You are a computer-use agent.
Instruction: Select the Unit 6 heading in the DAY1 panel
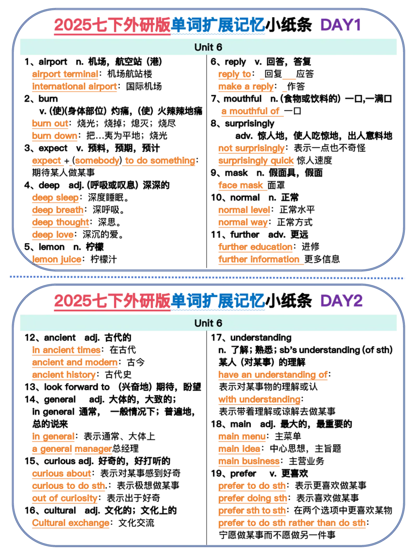(x=208, y=47)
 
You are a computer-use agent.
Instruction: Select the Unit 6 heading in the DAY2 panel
(x=208, y=323)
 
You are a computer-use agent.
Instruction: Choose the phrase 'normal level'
(x=243, y=210)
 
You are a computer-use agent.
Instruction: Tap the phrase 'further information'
(x=259, y=259)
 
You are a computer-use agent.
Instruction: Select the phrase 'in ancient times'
(x=67, y=350)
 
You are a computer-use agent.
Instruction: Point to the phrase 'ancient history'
(x=63, y=375)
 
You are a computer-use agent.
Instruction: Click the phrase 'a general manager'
(x=71, y=449)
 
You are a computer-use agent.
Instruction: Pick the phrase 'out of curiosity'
(x=65, y=499)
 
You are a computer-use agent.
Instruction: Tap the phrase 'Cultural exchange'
(x=71, y=524)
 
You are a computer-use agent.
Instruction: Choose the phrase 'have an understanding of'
(x=273, y=375)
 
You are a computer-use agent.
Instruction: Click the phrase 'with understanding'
(x=258, y=400)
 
